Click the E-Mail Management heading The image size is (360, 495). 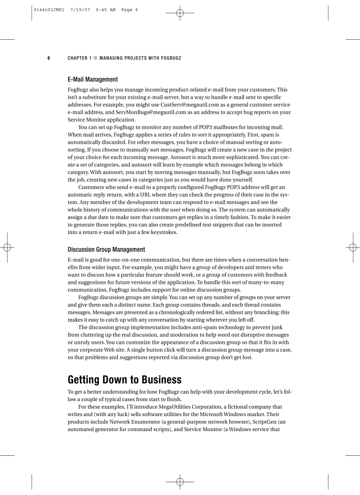(93, 80)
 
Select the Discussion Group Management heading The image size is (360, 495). (106, 249)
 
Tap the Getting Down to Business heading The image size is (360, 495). (124, 380)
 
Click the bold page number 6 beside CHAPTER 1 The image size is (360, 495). (49, 58)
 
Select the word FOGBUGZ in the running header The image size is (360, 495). (171, 58)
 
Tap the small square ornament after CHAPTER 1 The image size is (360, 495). (96, 58)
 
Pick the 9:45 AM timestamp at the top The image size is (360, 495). (106, 10)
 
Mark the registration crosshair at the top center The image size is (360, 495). (180, 13)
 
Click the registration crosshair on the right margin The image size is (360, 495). (352, 247)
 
